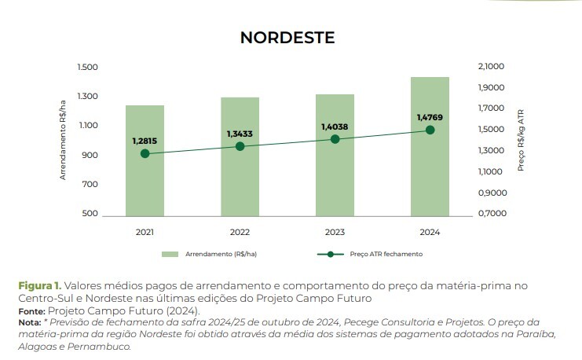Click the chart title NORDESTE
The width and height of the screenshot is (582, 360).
click(287, 38)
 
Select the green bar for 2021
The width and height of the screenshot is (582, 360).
click(145, 181)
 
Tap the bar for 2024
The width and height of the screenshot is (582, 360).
click(430, 173)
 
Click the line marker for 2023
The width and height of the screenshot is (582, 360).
click(335, 139)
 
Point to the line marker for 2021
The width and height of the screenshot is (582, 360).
click(145, 153)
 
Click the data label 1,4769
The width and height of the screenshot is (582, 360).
click(430, 117)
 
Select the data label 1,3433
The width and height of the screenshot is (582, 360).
click(240, 134)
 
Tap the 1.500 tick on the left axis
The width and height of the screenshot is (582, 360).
click(87, 68)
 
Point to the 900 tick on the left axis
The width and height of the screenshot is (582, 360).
click(90, 155)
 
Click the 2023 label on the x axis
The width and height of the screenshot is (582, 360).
click(335, 233)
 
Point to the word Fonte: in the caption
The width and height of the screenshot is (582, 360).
click(32, 311)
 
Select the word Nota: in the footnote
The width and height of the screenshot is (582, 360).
click(31, 322)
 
